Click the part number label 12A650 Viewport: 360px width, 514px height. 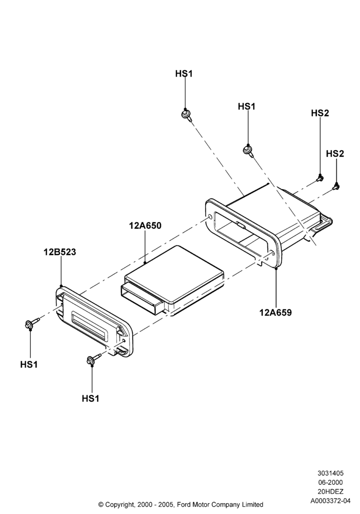145,226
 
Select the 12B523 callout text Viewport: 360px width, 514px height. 60,252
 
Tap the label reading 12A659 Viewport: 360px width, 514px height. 276,313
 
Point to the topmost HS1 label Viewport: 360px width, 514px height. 184,74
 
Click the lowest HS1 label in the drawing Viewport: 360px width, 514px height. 91,398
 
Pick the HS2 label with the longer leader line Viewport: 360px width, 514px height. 320,113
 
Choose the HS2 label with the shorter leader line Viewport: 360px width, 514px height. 335,153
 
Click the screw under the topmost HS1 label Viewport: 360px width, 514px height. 187,115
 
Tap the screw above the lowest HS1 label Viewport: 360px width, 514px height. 94,358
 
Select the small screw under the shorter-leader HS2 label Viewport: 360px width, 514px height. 336,187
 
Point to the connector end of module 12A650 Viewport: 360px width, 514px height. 141,299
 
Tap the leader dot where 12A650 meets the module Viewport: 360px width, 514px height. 145,263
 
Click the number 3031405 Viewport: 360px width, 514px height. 330,473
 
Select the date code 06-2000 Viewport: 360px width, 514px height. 330,482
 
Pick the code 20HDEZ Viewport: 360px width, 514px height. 330,491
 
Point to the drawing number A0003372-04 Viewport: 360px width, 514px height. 330,501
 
